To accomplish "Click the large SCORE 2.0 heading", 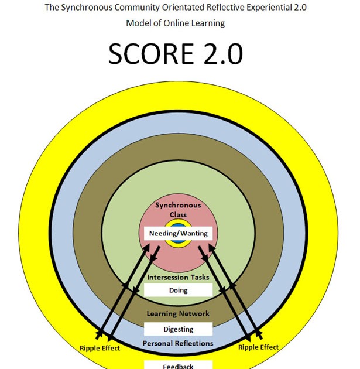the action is (x=176, y=54).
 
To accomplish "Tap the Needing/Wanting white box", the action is (x=178, y=233).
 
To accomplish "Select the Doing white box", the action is (x=178, y=290).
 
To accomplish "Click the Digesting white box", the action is (x=178, y=329).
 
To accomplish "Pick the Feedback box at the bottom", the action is (x=178, y=365).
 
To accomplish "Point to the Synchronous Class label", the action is (x=178, y=210).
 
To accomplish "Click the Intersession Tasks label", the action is (x=178, y=277).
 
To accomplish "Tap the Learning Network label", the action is (x=178, y=314).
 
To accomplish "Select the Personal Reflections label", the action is (x=178, y=343).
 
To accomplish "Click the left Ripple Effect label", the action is (x=100, y=348).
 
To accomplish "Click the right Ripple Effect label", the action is (x=258, y=347).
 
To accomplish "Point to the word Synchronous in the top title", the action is (x=87, y=8).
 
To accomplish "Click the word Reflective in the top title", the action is (x=225, y=7).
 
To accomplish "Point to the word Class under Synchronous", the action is (x=178, y=215).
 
